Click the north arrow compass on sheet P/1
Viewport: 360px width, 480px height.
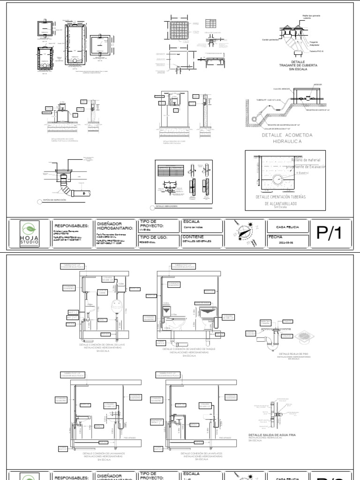(x=246, y=232)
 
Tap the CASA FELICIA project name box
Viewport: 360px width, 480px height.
(x=287, y=227)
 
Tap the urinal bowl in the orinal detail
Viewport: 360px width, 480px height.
(x=115, y=308)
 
